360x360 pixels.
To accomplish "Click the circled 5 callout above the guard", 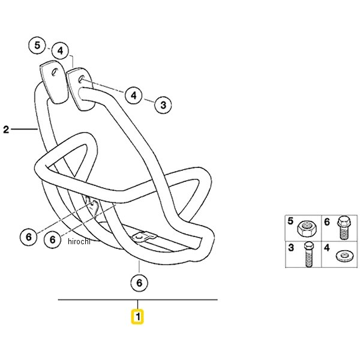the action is point(37,45).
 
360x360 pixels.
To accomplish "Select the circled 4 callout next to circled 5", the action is point(60,50).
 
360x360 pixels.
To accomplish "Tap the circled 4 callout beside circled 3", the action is point(134,95).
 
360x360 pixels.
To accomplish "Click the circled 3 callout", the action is point(163,105).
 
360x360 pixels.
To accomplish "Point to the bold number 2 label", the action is point(6,130).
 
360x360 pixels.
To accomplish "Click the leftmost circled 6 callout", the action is point(28,237).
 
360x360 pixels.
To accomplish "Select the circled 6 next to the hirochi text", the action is point(53,240).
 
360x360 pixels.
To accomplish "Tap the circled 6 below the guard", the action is point(139,283).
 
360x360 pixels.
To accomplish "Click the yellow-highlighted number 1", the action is point(137,317).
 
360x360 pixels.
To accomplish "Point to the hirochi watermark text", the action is point(79,241).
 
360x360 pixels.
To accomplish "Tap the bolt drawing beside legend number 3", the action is point(309,254).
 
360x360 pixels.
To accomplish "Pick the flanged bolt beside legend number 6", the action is point(344,227).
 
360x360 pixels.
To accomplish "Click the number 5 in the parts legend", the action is point(290,221).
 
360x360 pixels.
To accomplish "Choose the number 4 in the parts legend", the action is point(327,248).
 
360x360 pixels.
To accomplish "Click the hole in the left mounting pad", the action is point(55,73).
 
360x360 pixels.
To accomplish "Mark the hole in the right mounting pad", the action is point(81,79).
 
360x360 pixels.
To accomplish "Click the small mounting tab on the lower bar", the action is point(145,237).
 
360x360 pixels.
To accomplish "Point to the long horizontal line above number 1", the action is point(138,299).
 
